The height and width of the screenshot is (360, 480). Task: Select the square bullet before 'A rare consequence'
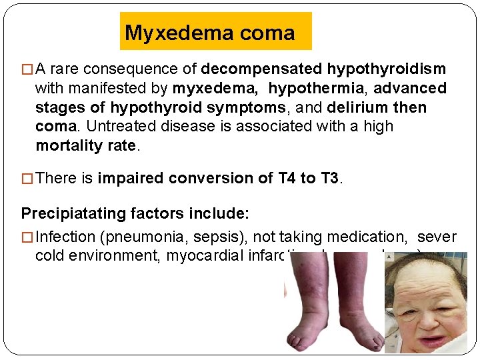(27, 69)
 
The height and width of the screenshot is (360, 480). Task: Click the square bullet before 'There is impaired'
(27, 178)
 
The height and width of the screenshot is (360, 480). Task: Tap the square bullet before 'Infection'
(27, 236)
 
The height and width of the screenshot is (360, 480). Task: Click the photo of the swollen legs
(334, 303)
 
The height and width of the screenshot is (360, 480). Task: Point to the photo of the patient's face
(427, 303)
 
